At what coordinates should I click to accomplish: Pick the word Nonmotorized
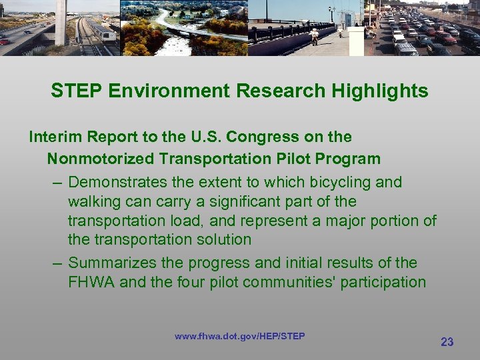pyautogui.click(x=100, y=159)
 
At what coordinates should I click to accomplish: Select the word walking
pyautogui.click(x=95, y=201)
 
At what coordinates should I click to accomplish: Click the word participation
pyautogui.click(x=383, y=283)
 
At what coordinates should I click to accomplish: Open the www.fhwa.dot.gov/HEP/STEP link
pyautogui.click(x=240, y=336)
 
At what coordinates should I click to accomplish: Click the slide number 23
pyautogui.click(x=447, y=342)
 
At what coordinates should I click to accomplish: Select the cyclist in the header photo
pyautogui.click(x=314, y=35)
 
